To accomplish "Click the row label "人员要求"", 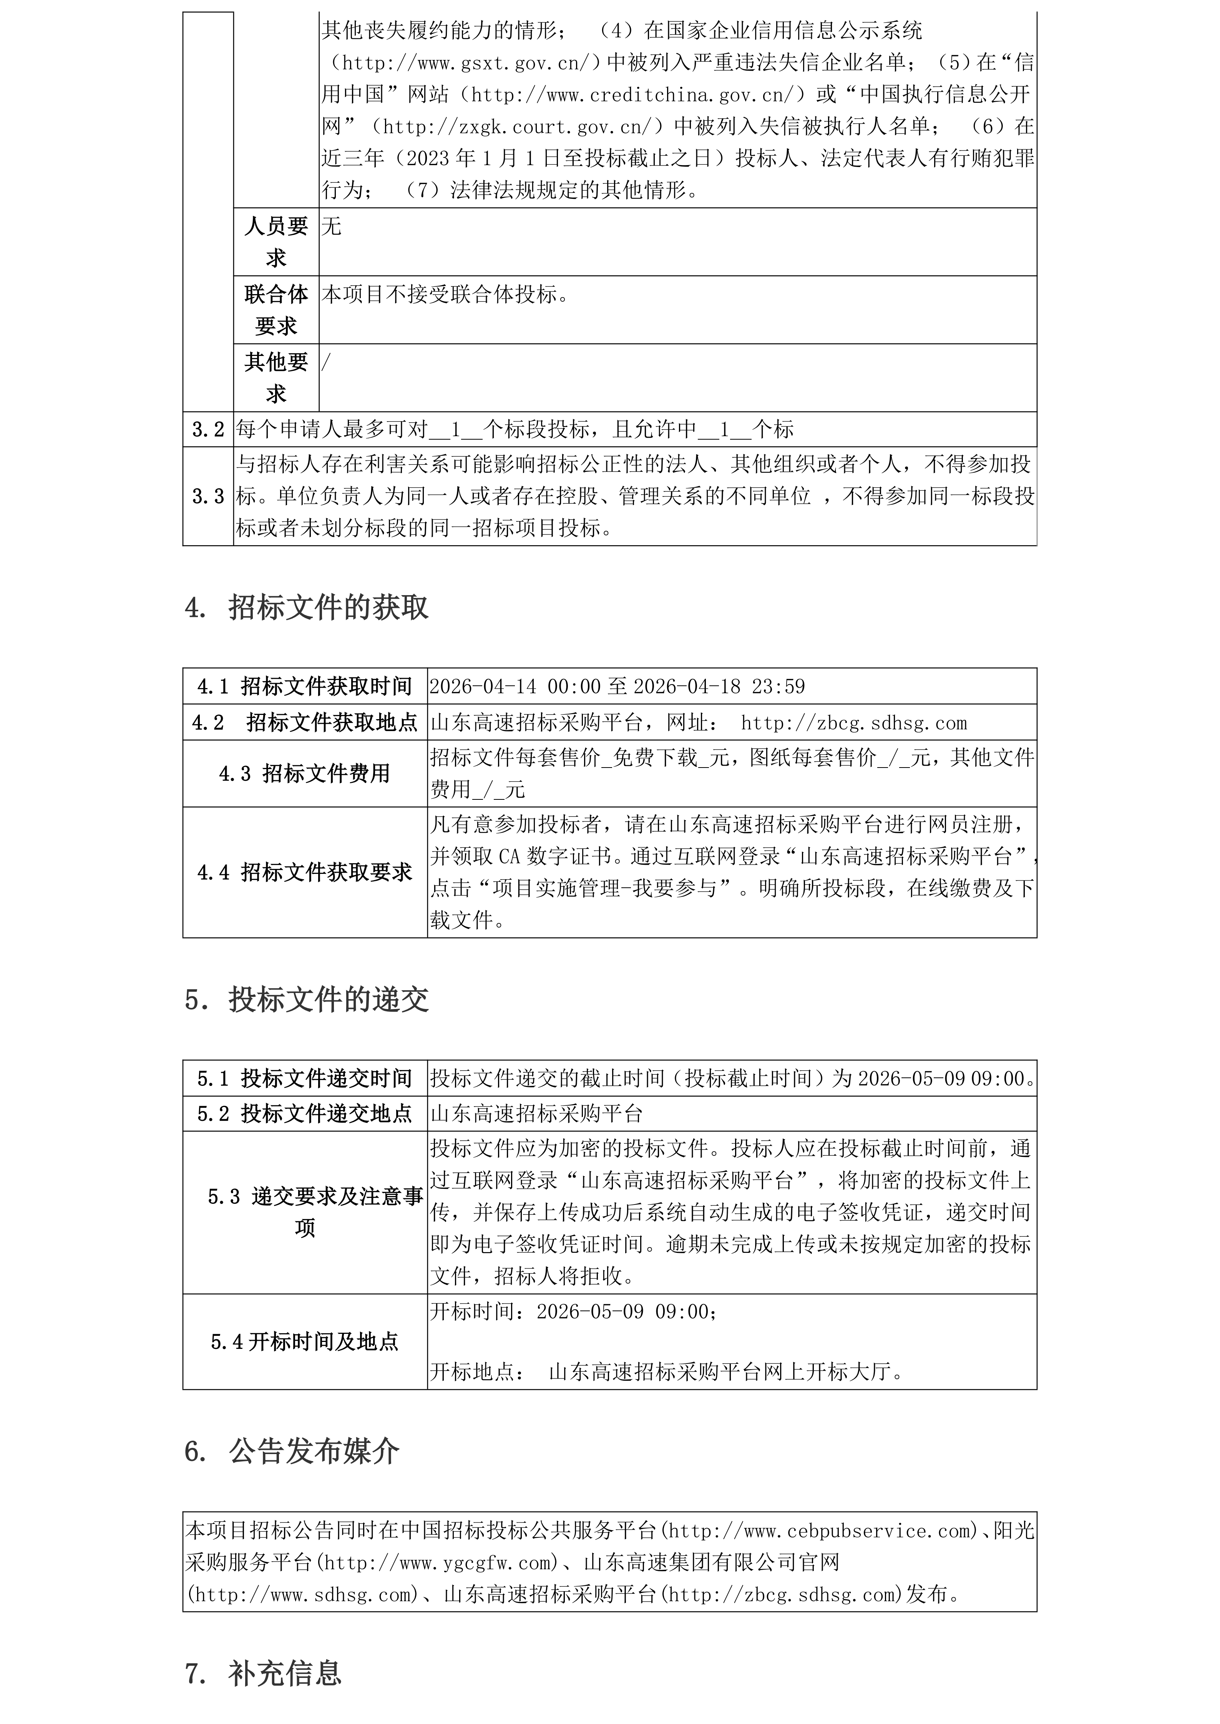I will (x=276, y=242).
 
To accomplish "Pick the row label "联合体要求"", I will (x=276, y=309).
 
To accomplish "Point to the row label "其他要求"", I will (x=276, y=378).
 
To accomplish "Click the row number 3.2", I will (x=208, y=430).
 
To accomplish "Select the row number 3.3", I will (x=208, y=496).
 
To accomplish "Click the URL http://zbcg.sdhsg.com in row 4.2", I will (x=853, y=723).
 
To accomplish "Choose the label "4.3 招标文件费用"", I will (x=304, y=773).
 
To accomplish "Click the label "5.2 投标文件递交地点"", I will (x=304, y=1113).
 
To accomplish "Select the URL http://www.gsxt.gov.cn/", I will (x=462, y=63).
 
